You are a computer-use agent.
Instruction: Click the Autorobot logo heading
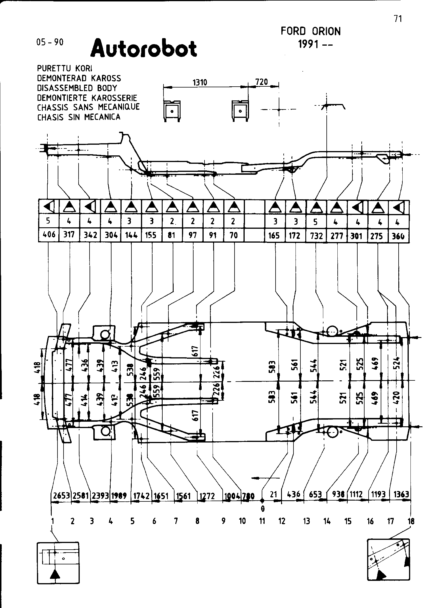[144, 49]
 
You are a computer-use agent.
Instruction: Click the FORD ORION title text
[311, 31]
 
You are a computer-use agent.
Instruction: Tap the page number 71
[397, 19]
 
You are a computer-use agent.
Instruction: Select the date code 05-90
[50, 42]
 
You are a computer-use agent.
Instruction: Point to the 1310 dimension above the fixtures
[200, 83]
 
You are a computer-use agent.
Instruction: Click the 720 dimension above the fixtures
[262, 82]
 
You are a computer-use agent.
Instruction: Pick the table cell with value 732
[316, 236]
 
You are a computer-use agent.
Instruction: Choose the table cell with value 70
[234, 235]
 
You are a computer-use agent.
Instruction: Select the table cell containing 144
[131, 235]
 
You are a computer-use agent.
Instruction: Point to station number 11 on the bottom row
[262, 521]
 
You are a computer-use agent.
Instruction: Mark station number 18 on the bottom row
[411, 521]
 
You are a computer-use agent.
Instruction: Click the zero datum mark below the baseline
[262, 507]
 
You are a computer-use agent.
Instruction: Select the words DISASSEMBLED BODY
[77, 88]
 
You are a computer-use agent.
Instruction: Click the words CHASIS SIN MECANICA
[79, 117]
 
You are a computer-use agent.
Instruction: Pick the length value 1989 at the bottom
[119, 496]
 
